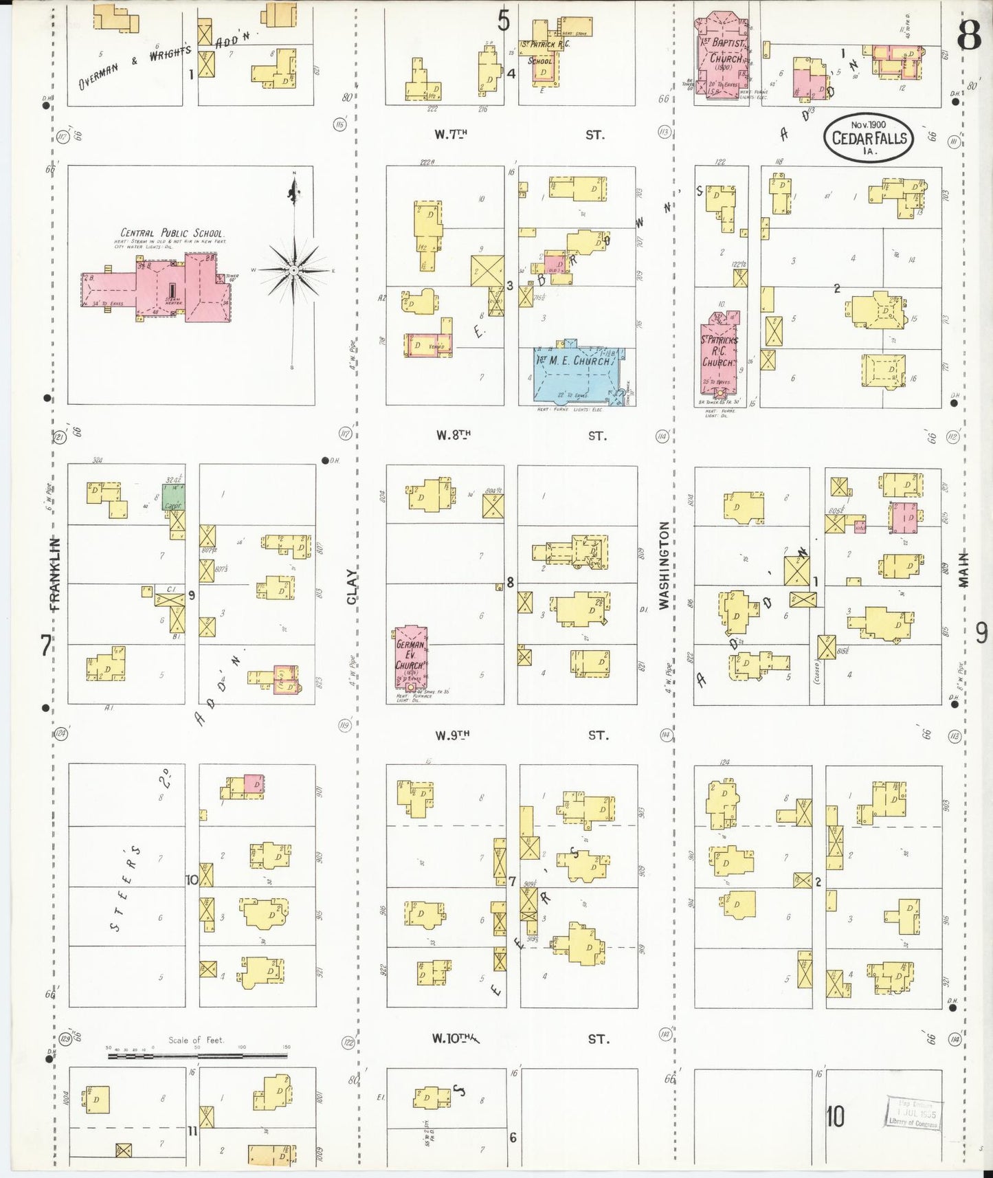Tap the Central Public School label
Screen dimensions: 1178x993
(x=172, y=233)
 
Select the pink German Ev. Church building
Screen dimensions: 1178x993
(x=411, y=656)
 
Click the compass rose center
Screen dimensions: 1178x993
(x=293, y=270)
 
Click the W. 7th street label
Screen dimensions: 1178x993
(x=451, y=135)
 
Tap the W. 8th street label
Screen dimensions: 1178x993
(x=453, y=435)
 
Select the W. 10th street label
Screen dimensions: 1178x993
(x=454, y=1038)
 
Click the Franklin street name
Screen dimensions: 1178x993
(x=55, y=574)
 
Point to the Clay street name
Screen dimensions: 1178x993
(x=351, y=586)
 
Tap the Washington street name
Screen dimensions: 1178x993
(x=664, y=565)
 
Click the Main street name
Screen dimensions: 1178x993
(x=963, y=569)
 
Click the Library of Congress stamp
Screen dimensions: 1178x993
(x=913, y=1113)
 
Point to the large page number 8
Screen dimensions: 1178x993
(x=969, y=36)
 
